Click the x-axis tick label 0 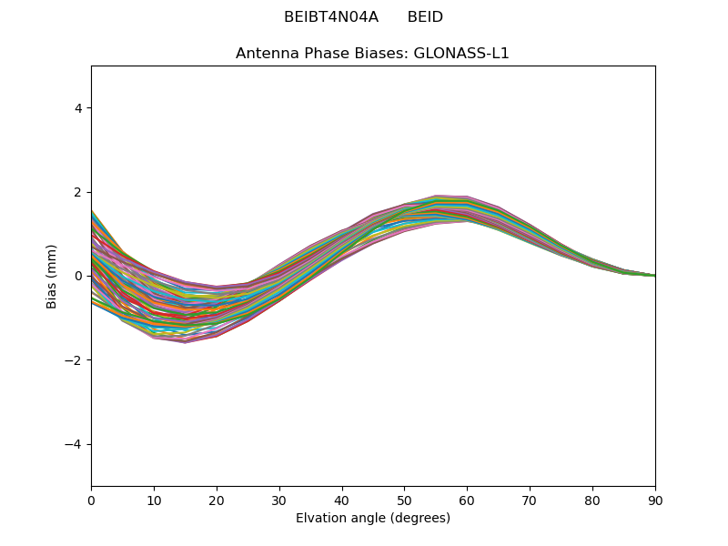91,500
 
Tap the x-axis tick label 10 154,500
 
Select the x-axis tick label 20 217,500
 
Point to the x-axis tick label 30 279,500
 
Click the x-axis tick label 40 342,500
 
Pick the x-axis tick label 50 404,500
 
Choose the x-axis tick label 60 467,500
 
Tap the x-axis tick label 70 530,500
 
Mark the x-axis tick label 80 592,500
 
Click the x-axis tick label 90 655,500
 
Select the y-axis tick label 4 78,108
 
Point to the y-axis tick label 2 78,192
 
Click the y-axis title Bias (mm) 52,276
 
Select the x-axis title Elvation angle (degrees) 373,518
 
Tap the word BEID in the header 425,17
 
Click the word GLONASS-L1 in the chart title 461,53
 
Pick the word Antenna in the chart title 266,53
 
